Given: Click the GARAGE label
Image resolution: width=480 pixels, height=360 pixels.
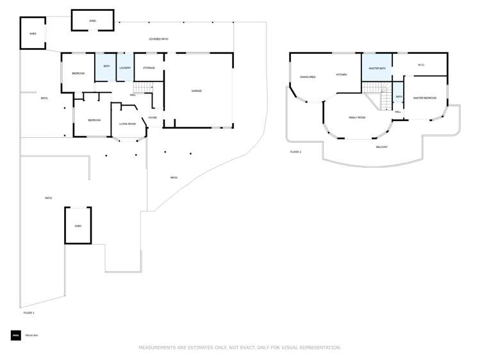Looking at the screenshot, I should coord(197,91).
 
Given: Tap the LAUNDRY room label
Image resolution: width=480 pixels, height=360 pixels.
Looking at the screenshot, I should coord(125,68).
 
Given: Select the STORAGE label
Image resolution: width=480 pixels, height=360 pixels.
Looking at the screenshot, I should coord(149,68).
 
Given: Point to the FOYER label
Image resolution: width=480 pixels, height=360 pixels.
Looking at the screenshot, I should coord(153,118).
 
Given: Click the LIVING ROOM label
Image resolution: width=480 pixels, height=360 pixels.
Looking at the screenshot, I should coord(128,124).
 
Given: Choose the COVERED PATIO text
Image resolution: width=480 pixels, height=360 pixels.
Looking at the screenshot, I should coord(158,39).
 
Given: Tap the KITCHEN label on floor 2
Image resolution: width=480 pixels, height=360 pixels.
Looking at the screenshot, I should coord(342,75).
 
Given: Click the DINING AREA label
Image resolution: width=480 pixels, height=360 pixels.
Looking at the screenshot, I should coord(308,77).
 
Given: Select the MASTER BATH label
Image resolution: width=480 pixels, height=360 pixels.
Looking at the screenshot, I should coord(377,68).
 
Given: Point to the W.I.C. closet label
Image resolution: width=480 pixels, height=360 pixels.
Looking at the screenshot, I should coord(421,64).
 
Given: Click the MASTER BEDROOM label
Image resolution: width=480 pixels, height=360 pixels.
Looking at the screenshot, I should coord(425,98).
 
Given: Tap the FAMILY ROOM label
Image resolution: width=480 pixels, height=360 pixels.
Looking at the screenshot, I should coord(357,118).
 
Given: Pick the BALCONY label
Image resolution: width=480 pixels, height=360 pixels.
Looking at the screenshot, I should coord(381,147).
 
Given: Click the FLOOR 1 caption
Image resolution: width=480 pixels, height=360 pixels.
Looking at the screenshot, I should coord(29,313).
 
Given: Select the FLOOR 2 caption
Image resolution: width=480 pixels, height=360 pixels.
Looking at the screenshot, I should coord(295,152).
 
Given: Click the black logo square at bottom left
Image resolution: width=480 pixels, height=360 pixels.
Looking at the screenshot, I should coord(15,335).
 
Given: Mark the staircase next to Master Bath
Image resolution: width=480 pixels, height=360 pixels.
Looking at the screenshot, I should coord(377,96).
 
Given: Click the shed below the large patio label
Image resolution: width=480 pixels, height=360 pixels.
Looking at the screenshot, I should coord(78,225).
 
